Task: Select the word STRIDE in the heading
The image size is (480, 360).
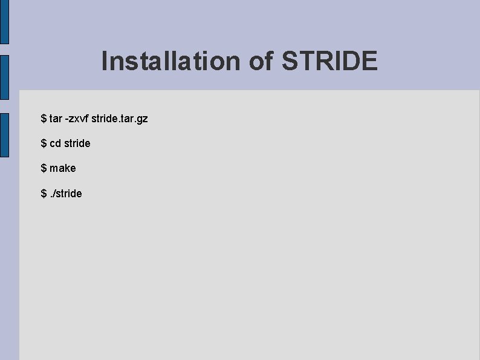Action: pyautogui.click(x=329, y=61)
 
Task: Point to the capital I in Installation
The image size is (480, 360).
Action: pyautogui.click(x=105, y=61)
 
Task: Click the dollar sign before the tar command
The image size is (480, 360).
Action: pyautogui.click(x=44, y=119)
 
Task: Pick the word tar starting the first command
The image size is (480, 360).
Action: pyautogui.click(x=56, y=119)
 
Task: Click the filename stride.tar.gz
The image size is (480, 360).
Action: pyautogui.click(x=120, y=119)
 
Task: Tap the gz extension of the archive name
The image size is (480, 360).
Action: pyautogui.click(x=141, y=119)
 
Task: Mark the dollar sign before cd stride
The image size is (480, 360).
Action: pyautogui.click(x=44, y=143)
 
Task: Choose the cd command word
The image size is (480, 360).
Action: pyautogui.click(x=55, y=143)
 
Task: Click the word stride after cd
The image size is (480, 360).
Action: pyautogui.click(x=77, y=143)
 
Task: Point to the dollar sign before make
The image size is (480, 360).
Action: pyautogui.click(x=44, y=168)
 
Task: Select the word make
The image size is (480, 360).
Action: pyautogui.click(x=63, y=168)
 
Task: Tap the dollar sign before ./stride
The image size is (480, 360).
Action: pyautogui.click(x=44, y=194)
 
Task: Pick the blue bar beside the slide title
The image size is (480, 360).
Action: pyautogui.click(x=4, y=77)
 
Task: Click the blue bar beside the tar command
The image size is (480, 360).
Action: pyautogui.click(x=4, y=135)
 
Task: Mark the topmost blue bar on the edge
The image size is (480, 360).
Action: pyautogui.click(x=4, y=22)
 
